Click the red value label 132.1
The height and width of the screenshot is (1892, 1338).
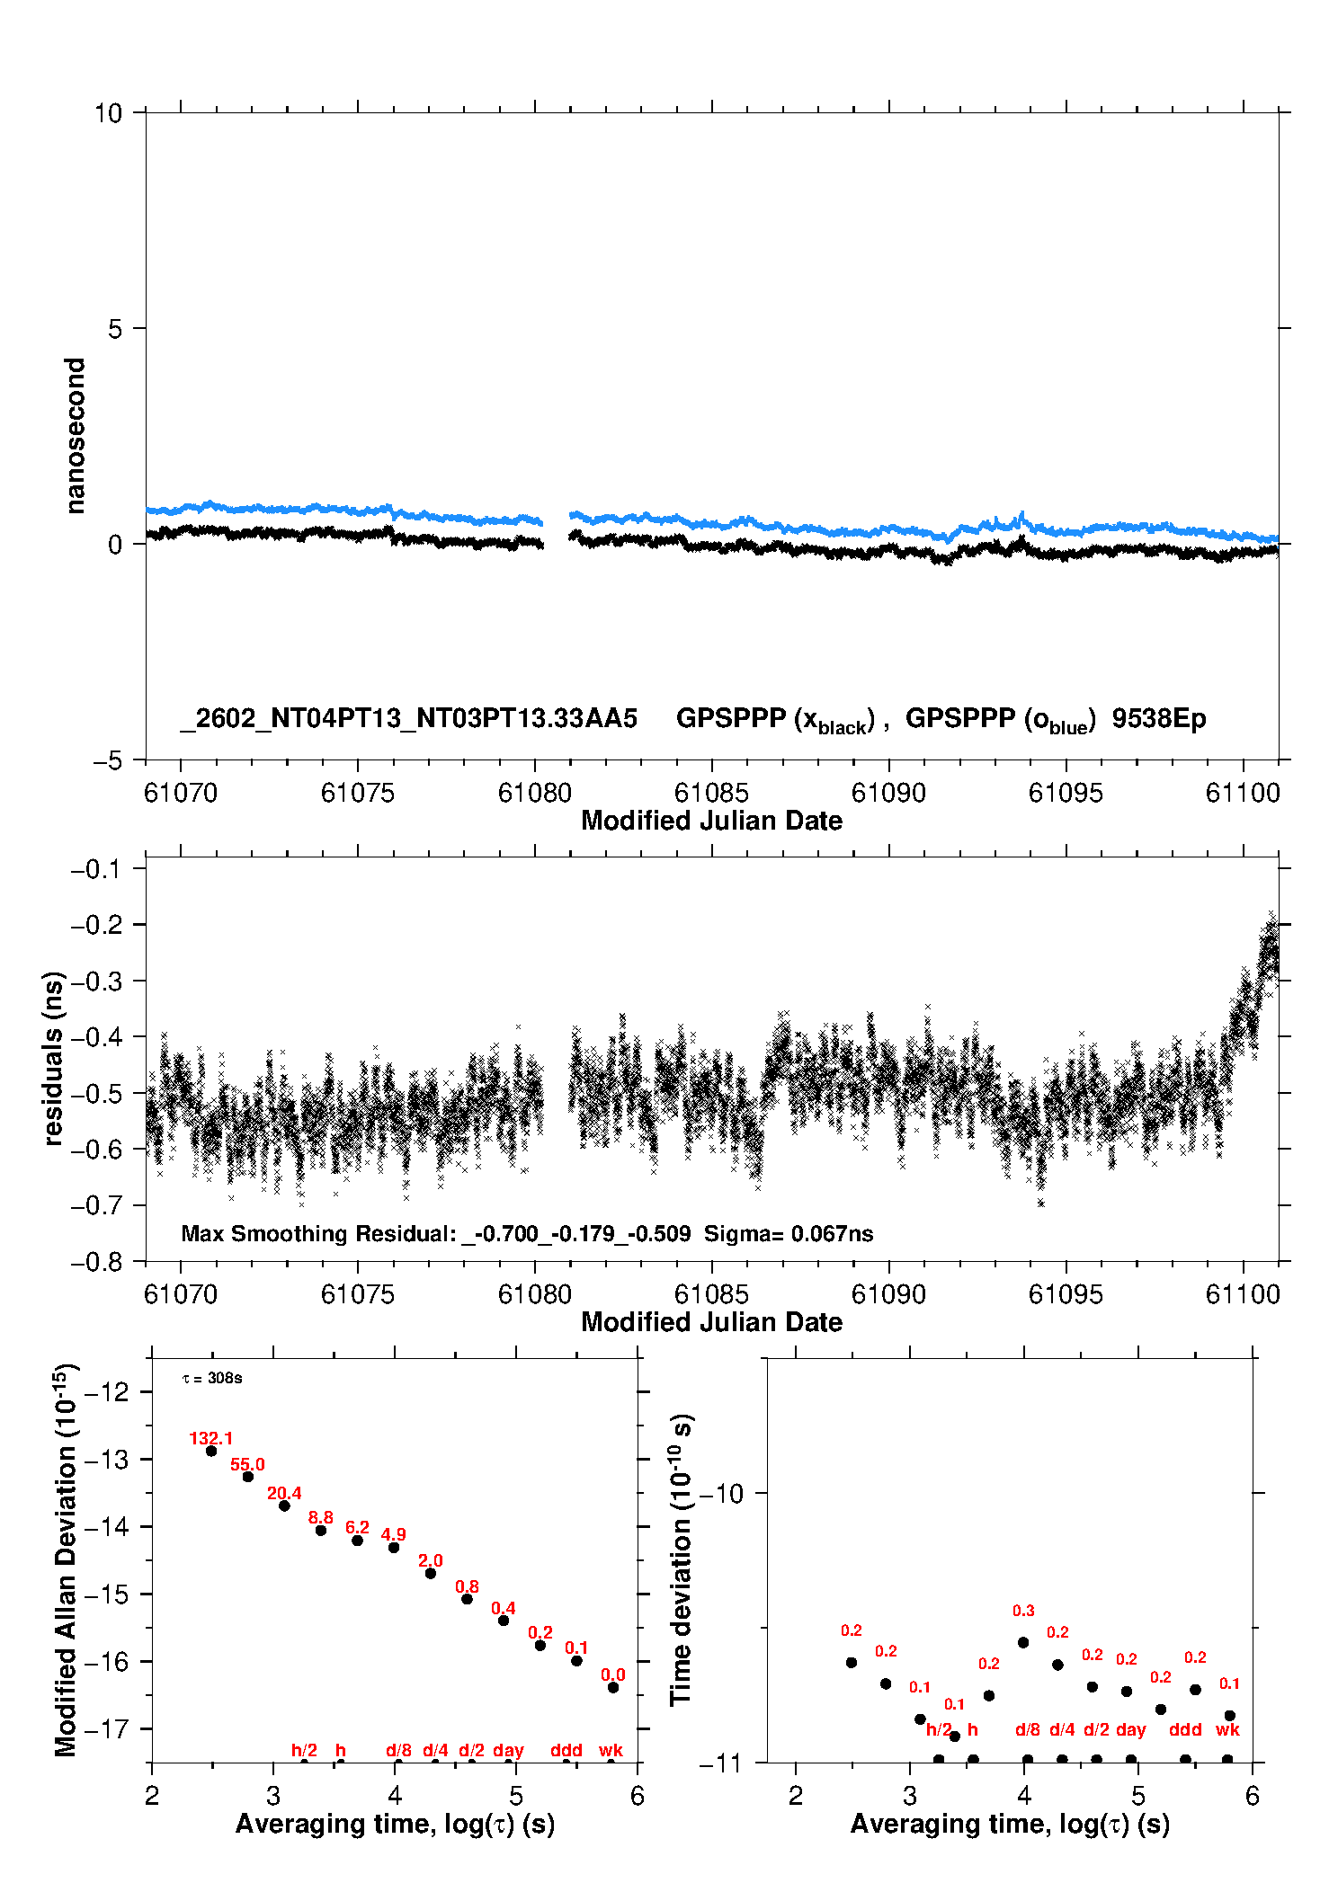tap(210, 1438)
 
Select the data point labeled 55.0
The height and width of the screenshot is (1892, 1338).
tap(248, 1477)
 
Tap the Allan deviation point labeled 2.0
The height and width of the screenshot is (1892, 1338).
tap(431, 1573)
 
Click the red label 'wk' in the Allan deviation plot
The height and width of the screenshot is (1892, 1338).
tap(611, 1750)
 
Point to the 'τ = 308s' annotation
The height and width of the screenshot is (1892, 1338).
tap(212, 1378)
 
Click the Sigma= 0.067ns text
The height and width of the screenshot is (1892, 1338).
tap(789, 1233)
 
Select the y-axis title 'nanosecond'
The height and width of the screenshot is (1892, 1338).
tap(75, 436)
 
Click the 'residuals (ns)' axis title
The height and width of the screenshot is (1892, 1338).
tap(53, 1058)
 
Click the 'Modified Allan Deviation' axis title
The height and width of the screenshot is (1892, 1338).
tap(66, 1559)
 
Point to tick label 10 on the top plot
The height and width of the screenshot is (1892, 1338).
tap(108, 113)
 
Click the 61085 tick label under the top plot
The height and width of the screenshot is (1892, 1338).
tap(711, 793)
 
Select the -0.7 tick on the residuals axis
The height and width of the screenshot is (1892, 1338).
tap(99, 1205)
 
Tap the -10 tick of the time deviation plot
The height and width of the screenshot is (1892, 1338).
tap(720, 1494)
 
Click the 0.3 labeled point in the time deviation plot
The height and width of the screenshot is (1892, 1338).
tap(1023, 1642)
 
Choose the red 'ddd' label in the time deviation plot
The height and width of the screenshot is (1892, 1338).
tap(1185, 1729)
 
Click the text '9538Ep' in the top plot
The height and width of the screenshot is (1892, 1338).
tap(1159, 719)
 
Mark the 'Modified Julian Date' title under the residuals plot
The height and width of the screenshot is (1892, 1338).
tap(711, 1322)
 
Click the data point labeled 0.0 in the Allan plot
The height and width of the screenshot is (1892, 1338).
tap(613, 1687)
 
